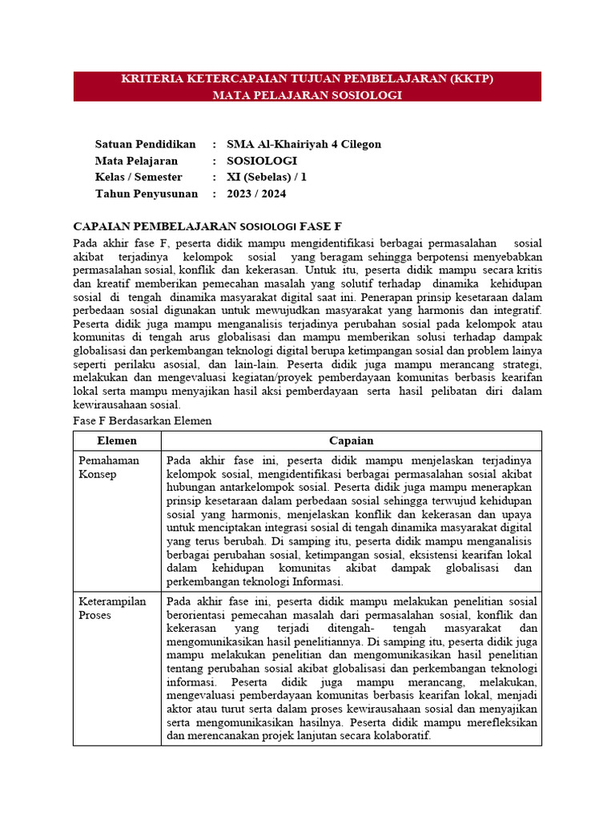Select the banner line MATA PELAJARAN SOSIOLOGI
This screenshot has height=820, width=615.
tap(307, 94)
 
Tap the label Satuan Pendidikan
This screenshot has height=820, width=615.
tap(145, 144)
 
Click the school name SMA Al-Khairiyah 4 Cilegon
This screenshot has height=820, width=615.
tap(303, 144)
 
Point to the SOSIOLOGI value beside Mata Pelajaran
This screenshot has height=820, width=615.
tap(261, 161)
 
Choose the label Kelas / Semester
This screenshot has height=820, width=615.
tap(139, 177)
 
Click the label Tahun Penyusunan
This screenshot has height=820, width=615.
tap(145, 194)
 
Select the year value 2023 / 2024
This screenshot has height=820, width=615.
tap(256, 194)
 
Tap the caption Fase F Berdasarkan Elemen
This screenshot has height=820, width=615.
tap(142, 420)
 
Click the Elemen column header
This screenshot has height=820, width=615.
tap(117, 441)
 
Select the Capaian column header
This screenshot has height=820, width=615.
tap(351, 441)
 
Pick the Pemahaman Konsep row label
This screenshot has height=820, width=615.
tap(108, 467)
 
